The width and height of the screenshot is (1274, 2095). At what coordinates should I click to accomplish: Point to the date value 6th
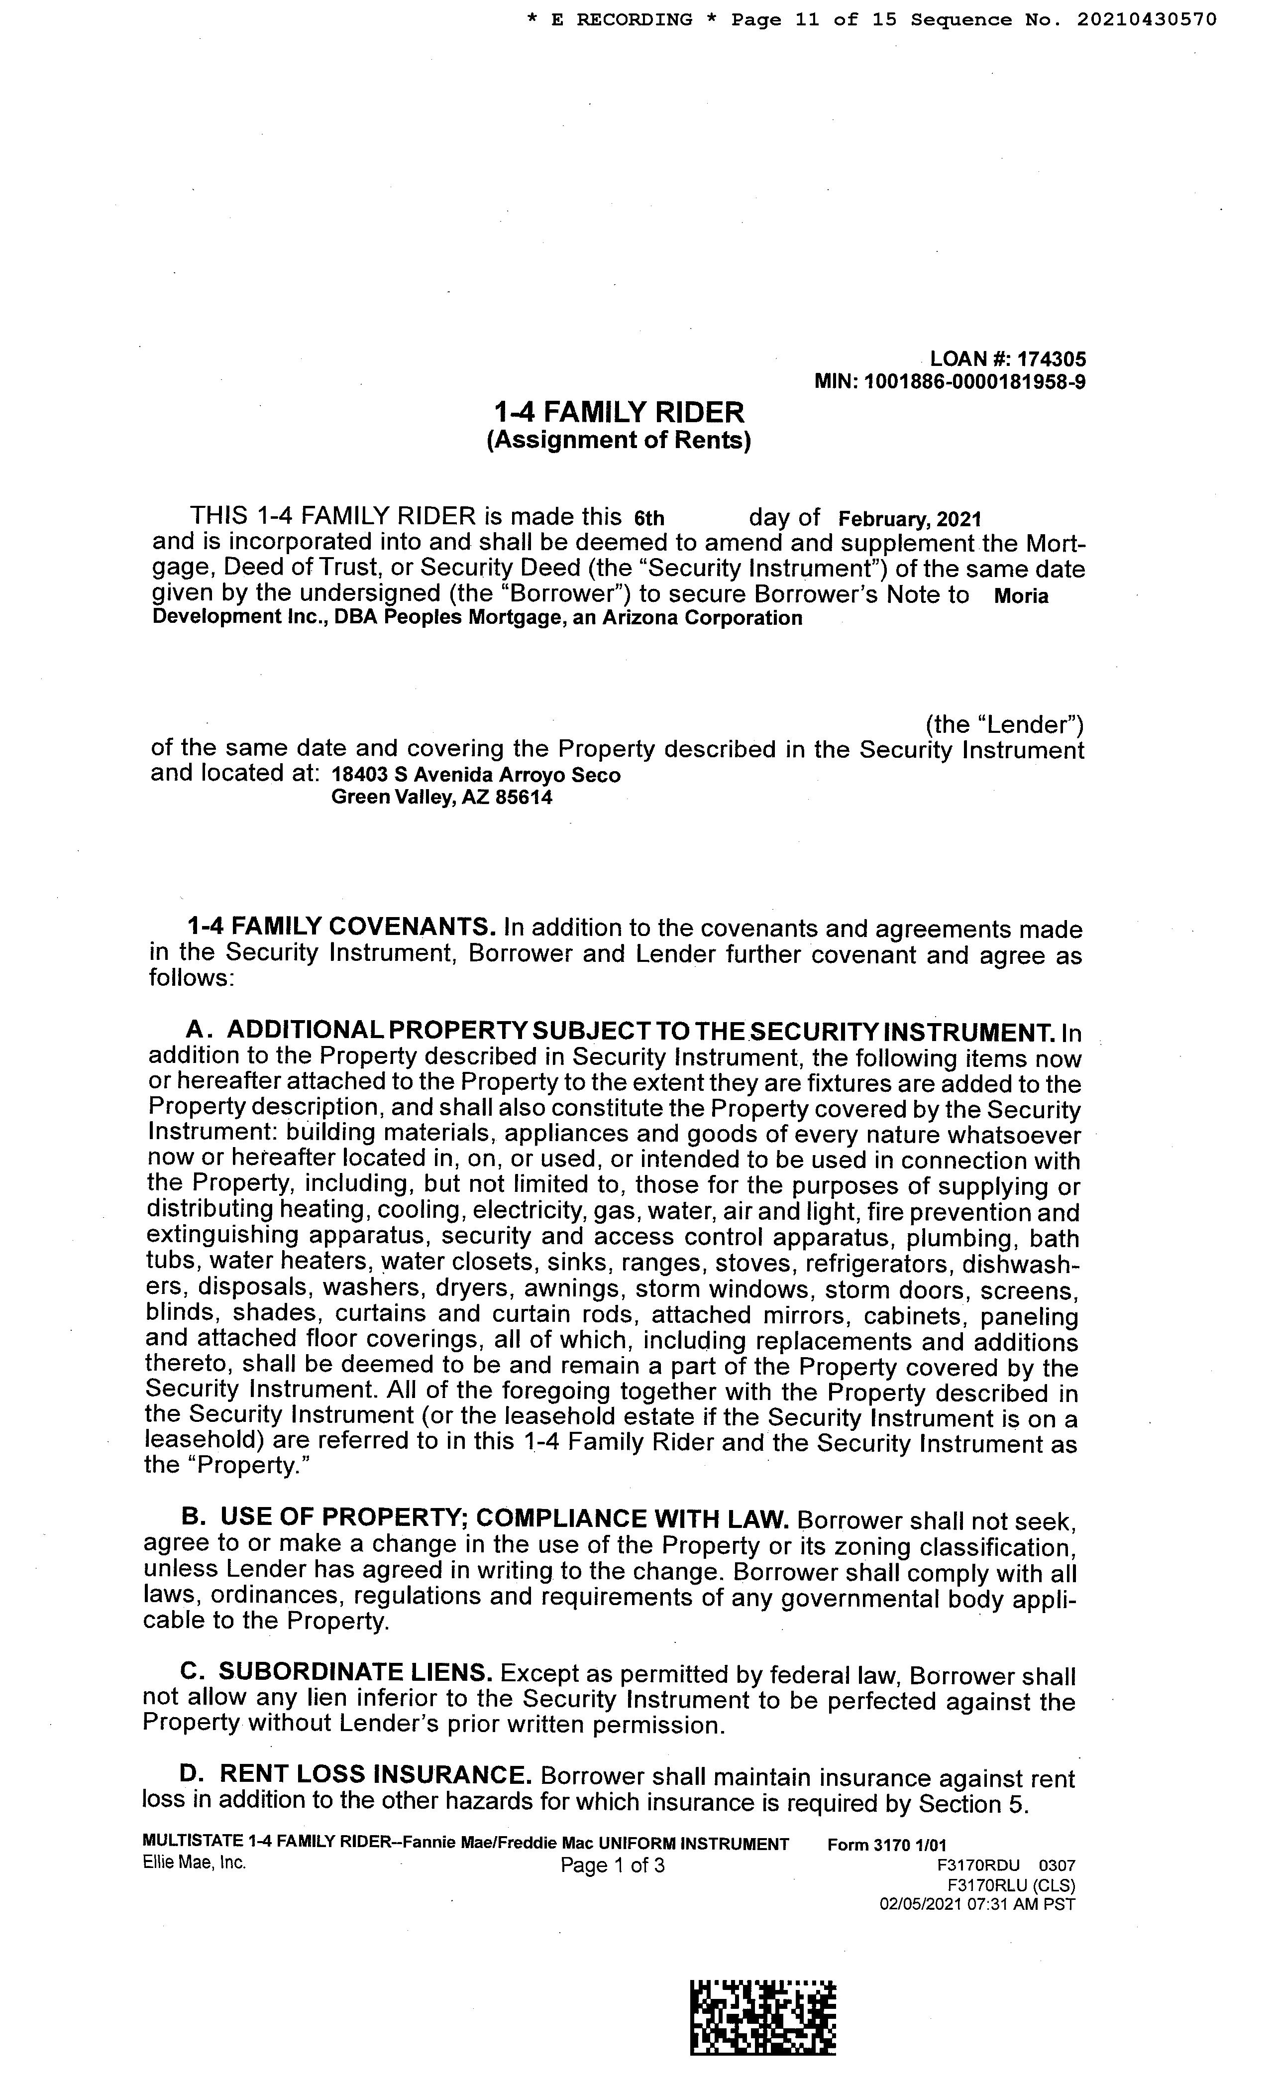649,518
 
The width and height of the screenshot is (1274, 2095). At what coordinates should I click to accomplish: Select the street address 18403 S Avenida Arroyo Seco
476,776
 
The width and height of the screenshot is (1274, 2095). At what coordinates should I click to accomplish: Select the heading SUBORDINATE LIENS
355,1672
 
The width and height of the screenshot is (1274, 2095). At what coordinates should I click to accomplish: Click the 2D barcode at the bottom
762,2017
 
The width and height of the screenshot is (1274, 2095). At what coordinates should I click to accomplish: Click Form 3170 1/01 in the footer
886,1844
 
